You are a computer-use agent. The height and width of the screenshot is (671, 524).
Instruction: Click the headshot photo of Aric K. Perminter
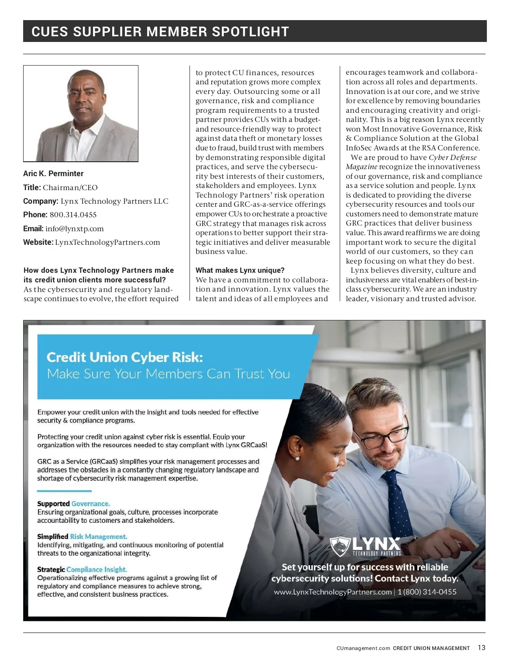coord(81,114)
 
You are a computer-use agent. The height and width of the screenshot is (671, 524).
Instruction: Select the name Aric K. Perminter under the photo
coord(53,174)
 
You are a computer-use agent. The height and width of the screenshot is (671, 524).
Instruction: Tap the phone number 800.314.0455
coord(73,215)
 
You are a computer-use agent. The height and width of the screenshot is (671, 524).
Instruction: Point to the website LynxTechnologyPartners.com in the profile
coord(107,242)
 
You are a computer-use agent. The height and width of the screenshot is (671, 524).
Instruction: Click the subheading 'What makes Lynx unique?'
coord(240,270)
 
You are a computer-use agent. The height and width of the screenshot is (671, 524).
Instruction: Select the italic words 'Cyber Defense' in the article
coord(452,157)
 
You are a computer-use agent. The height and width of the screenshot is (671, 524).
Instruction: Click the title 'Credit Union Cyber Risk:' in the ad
coord(125,357)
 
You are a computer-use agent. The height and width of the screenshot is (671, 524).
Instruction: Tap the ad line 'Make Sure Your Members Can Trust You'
coord(169,374)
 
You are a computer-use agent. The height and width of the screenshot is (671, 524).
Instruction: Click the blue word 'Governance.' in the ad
coord(91,504)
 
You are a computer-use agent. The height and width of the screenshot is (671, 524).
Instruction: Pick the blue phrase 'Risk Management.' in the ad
coord(99,536)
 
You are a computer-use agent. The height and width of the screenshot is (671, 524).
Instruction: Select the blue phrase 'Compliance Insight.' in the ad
coord(97,570)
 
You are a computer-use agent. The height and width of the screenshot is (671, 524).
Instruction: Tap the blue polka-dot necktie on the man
coord(398,498)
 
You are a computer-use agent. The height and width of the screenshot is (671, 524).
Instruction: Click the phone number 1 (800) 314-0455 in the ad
coord(427,592)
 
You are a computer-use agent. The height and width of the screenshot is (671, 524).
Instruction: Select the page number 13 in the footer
coord(481,648)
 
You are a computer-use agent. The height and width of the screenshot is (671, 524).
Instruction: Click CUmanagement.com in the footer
coord(363,648)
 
